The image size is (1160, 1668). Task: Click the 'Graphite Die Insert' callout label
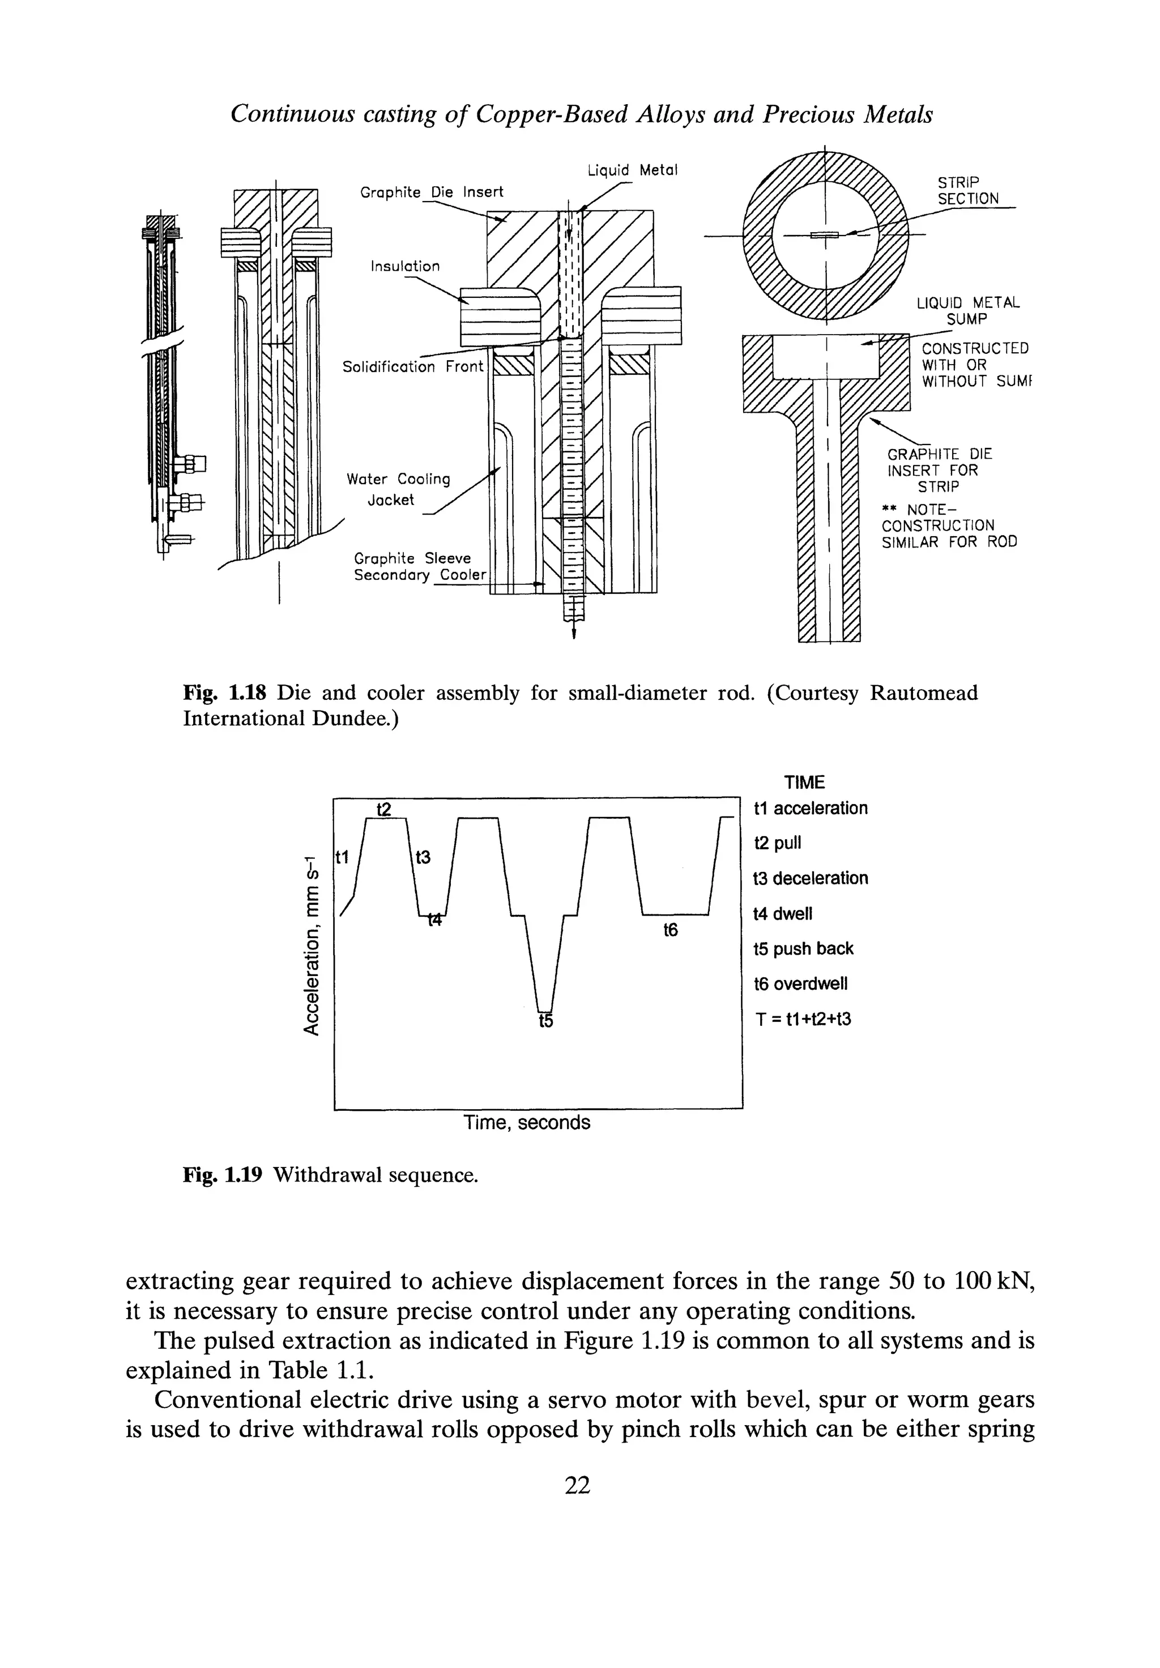(x=432, y=192)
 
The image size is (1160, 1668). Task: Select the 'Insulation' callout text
(x=405, y=267)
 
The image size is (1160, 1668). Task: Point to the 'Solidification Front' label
(x=413, y=367)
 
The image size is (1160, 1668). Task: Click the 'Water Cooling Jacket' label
(x=398, y=489)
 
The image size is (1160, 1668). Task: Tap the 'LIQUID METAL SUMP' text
(x=967, y=311)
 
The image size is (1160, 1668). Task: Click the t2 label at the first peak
(x=384, y=809)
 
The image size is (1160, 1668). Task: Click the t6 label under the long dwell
(x=670, y=930)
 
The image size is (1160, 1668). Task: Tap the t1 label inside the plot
(x=342, y=857)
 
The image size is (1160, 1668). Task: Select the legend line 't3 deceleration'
(x=811, y=878)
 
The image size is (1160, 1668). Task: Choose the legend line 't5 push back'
(x=803, y=949)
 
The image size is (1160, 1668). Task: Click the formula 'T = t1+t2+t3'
(x=803, y=1019)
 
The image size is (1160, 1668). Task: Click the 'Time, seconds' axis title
(x=527, y=1123)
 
